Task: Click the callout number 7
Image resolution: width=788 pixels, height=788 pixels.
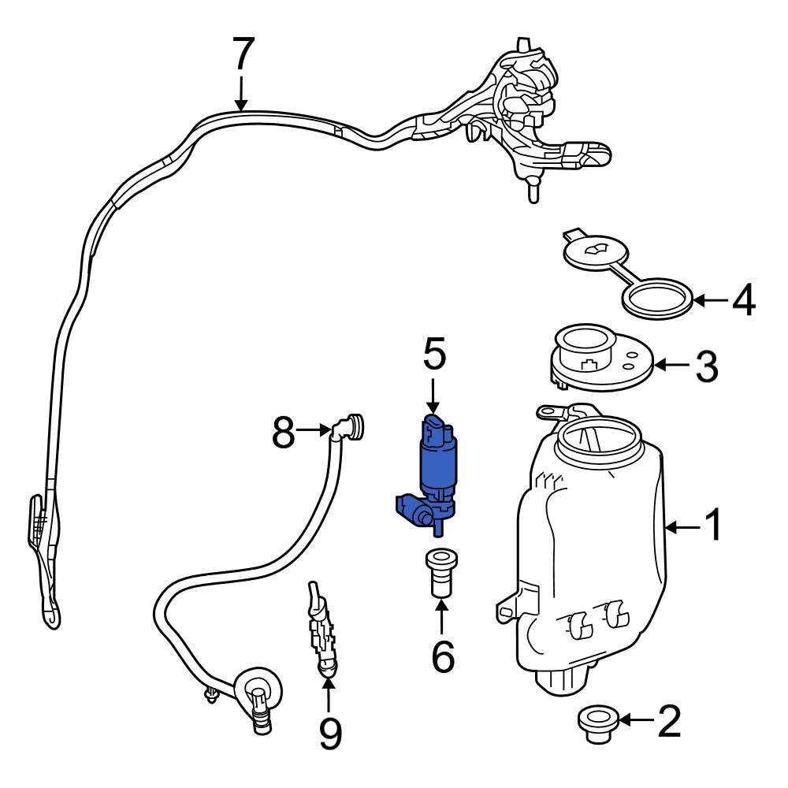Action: click(x=243, y=56)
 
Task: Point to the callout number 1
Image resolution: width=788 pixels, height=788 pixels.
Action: click(x=712, y=526)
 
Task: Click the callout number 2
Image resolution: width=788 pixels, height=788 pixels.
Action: click(x=669, y=721)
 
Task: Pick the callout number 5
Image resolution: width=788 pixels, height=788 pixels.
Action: click(x=434, y=355)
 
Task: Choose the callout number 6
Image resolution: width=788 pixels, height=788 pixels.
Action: click(x=443, y=656)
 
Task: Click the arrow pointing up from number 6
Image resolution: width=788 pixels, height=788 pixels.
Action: click(x=442, y=617)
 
